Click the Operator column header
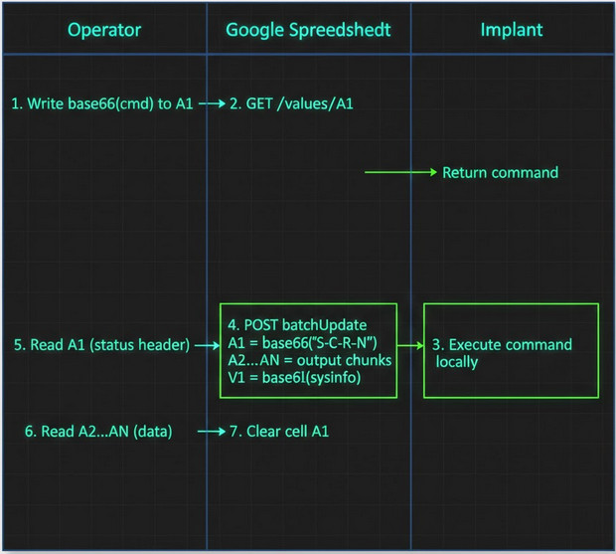pos(104,30)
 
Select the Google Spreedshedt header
pos(309,30)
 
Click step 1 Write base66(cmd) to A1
pos(103,103)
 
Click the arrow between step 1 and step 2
pos(213,103)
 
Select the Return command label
pos(500,173)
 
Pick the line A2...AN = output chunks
pos(309,359)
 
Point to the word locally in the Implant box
pos(457,362)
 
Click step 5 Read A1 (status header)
pos(101,345)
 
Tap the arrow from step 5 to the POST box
pos(207,345)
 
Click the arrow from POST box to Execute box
pos(411,345)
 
